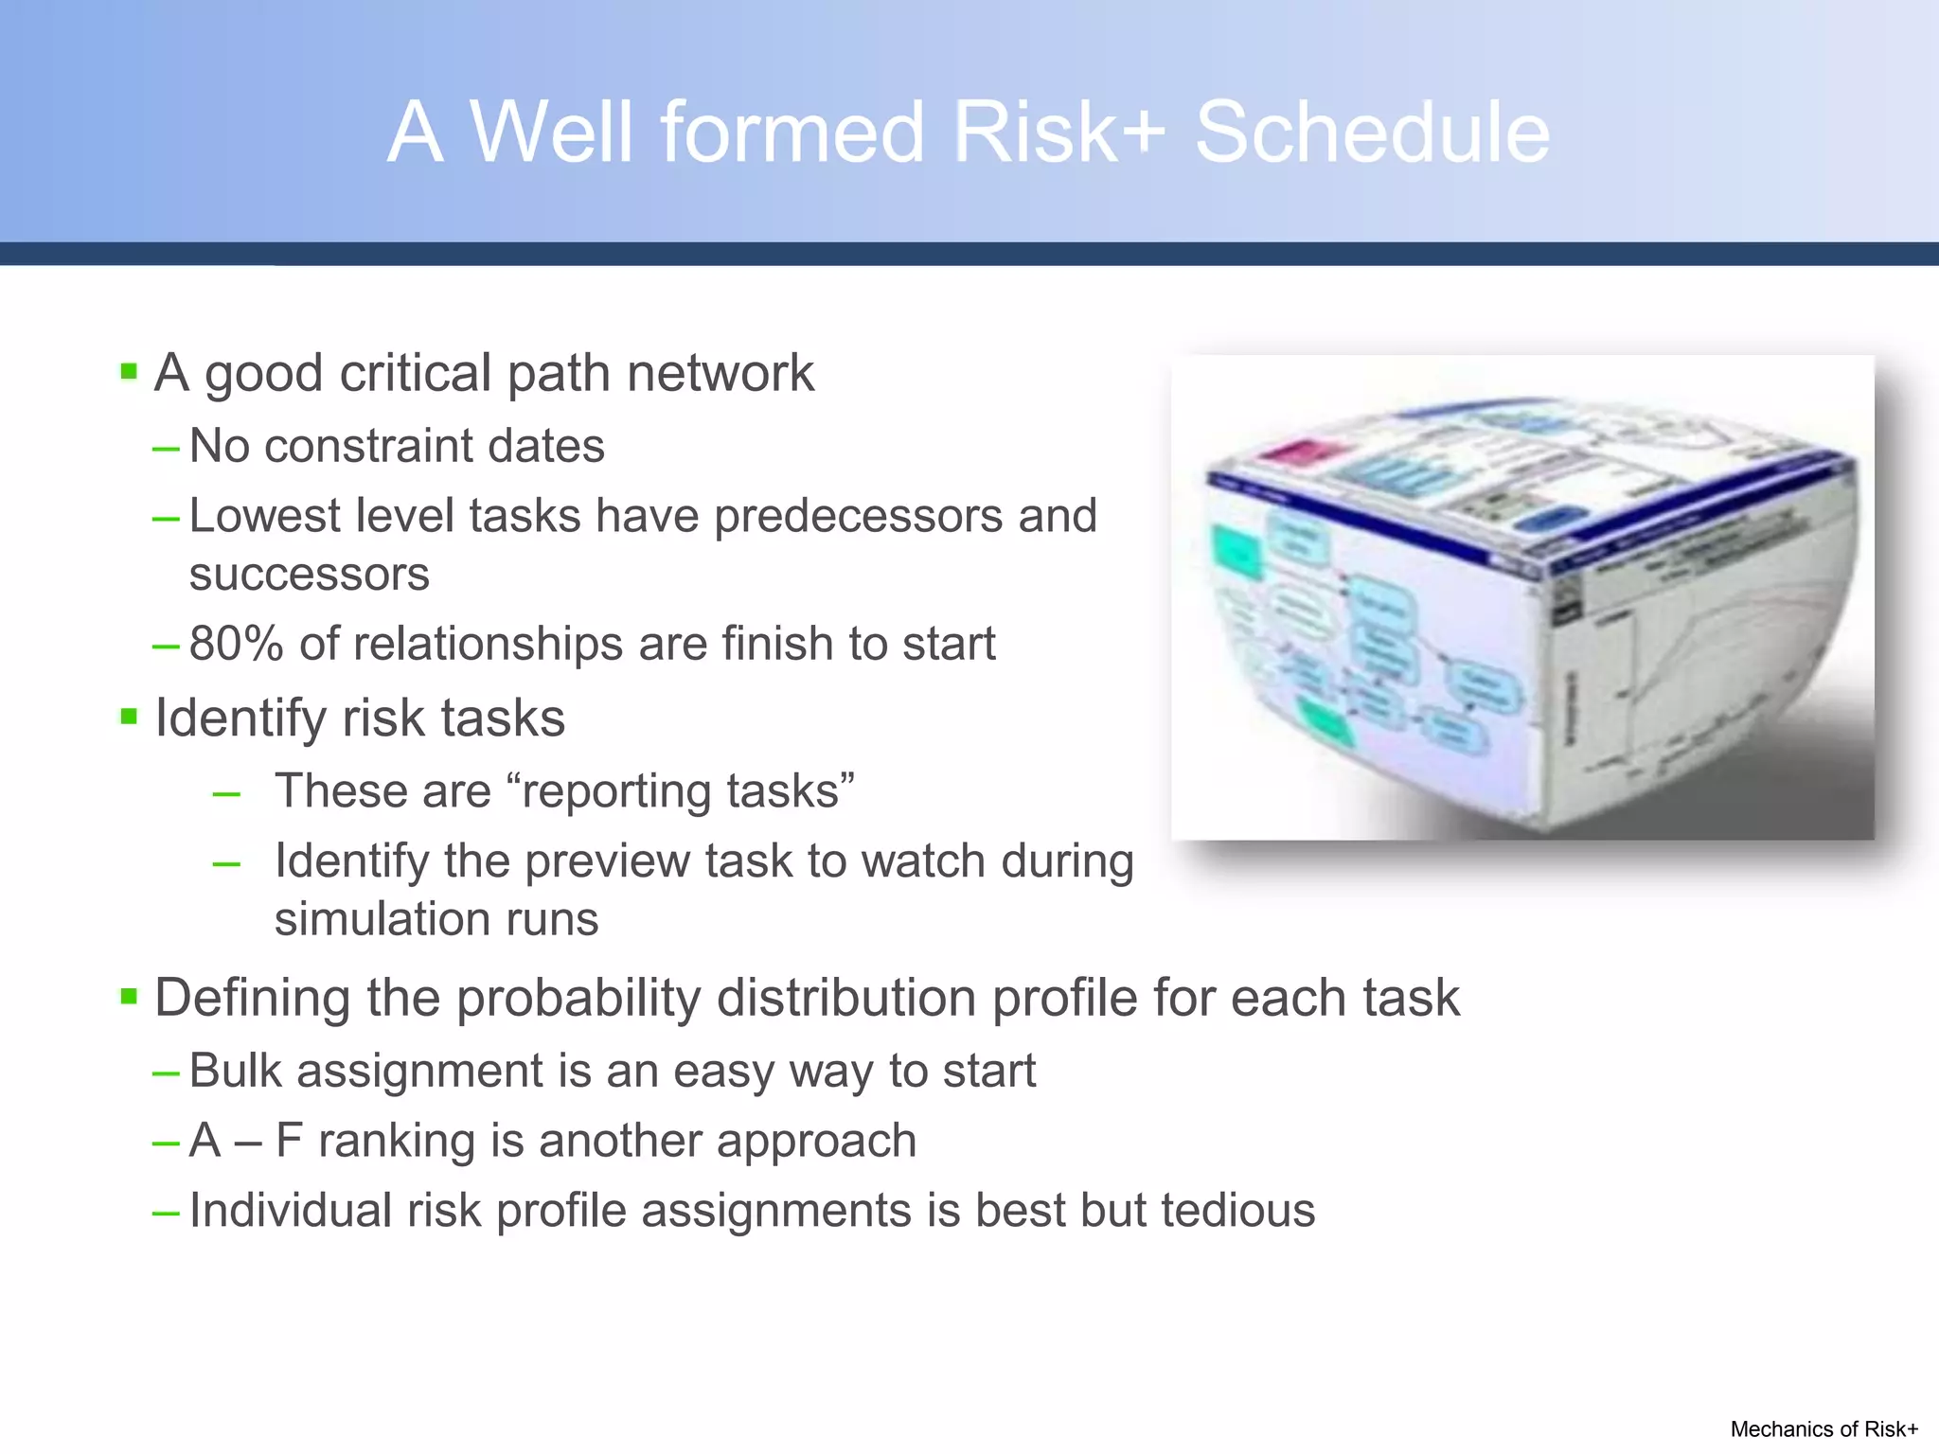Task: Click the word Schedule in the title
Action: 1372,133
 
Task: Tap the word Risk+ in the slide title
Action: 1058,133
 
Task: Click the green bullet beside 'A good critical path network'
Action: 130,371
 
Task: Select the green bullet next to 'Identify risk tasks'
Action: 130,717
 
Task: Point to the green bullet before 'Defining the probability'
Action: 130,996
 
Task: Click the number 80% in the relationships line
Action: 236,644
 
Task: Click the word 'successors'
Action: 309,575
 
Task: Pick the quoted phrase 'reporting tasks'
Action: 681,791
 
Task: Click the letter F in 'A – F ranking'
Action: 288,1140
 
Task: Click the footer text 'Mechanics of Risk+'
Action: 1823,1429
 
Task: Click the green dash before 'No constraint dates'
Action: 166,448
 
